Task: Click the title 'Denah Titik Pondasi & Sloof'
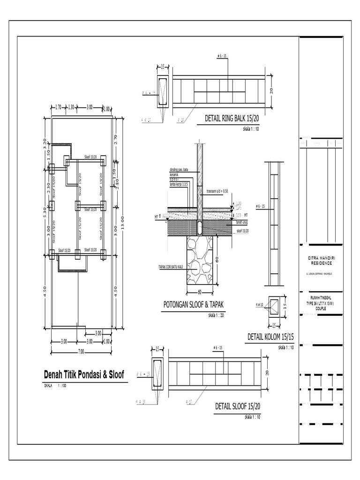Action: tap(83, 375)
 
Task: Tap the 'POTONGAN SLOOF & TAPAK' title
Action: tap(194, 305)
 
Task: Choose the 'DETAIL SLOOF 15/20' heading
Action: tap(237, 406)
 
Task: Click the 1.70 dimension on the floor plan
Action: tap(58, 108)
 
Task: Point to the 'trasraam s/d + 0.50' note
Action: tap(217, 191)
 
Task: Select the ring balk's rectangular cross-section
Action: tap(164, 91)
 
